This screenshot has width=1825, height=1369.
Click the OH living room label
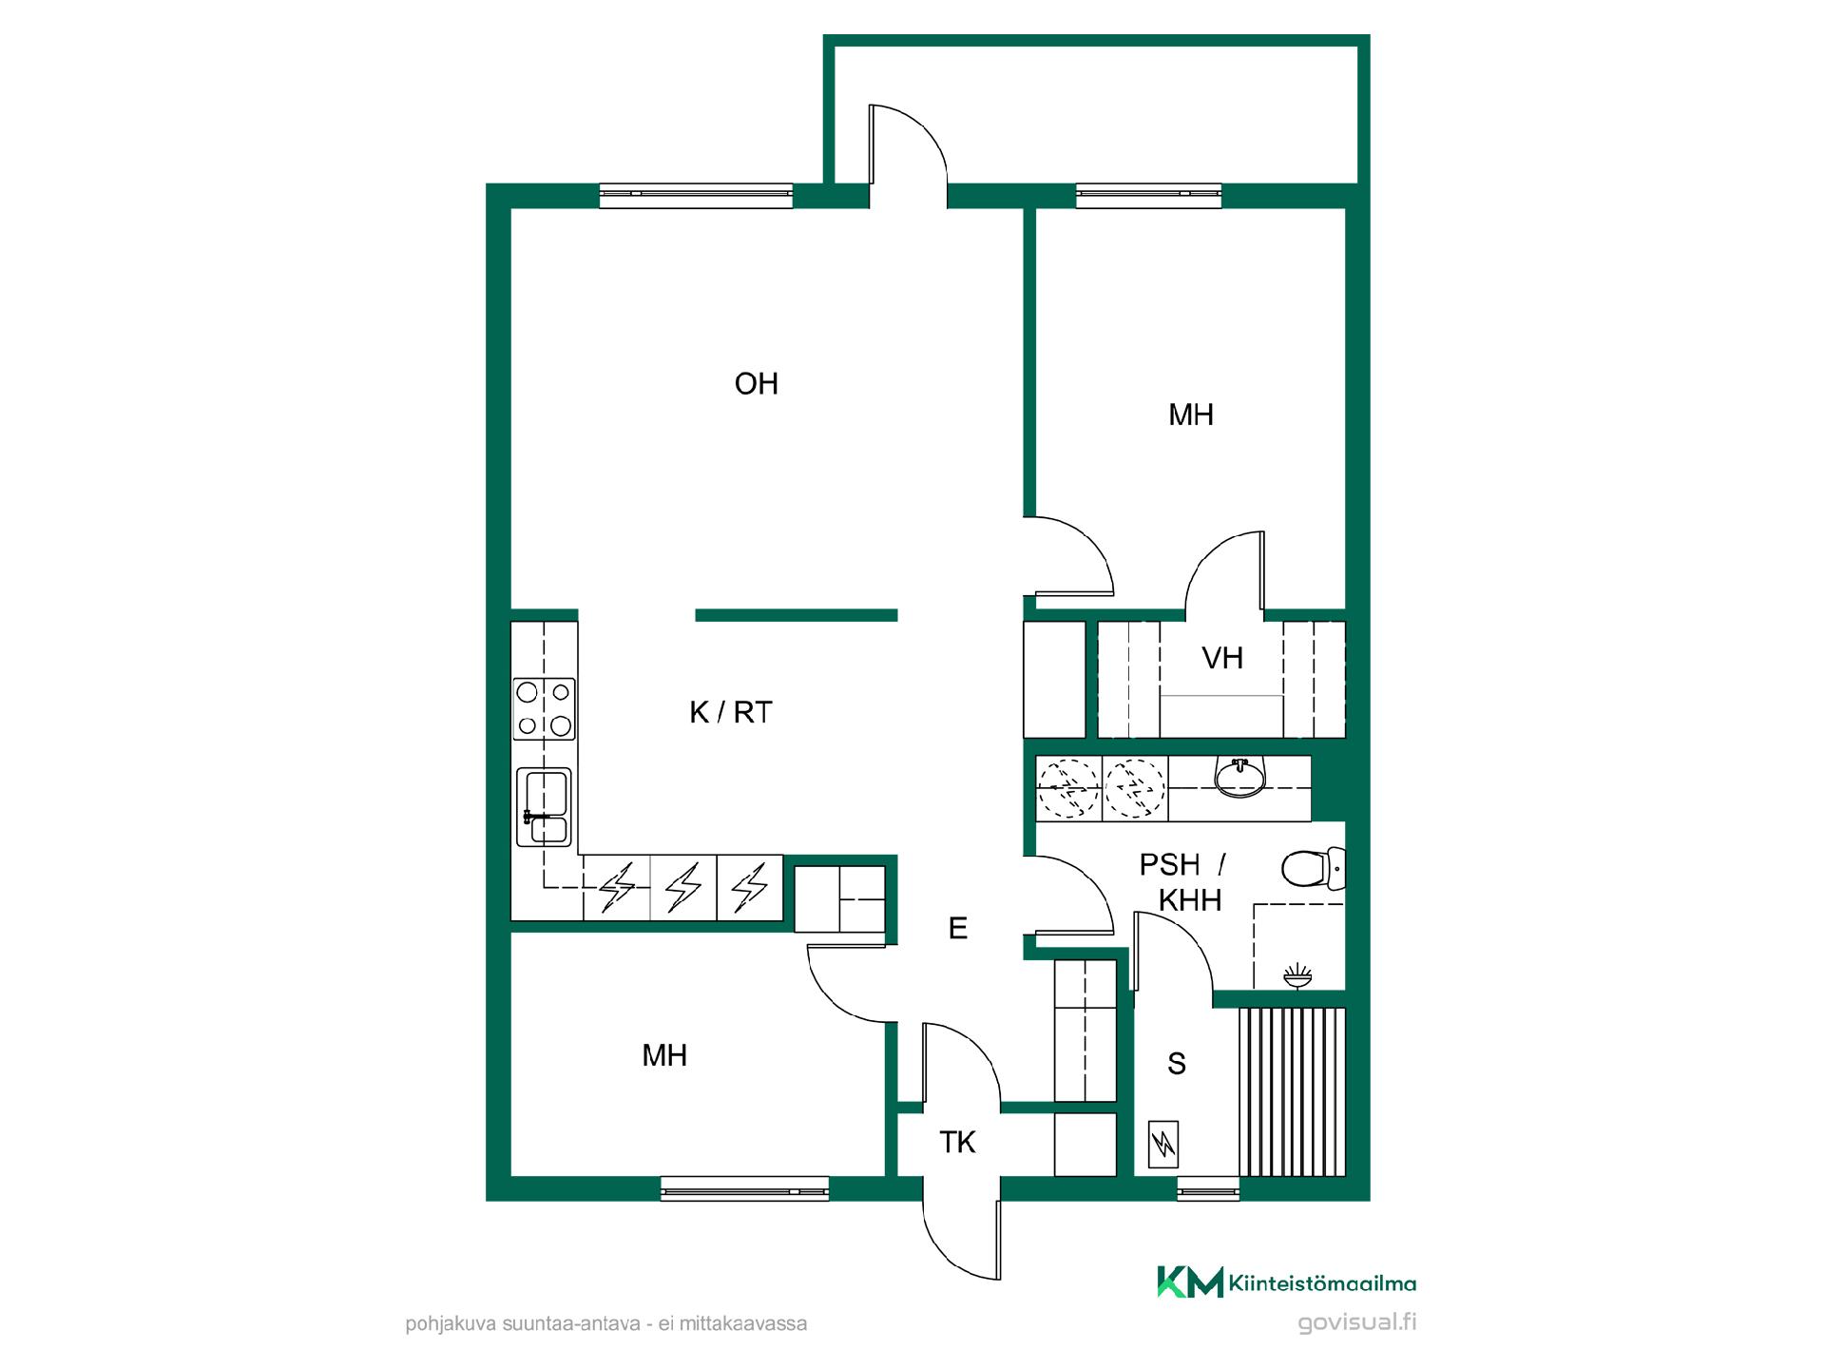pos(757,384)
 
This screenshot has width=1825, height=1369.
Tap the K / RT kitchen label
pos(731,712)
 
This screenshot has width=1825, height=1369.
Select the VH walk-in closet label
pos(1222,658)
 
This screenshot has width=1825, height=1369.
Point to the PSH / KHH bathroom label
pos(1183,882)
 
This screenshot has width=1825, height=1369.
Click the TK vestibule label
pos(957,1142)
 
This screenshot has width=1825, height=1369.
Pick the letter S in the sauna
pos(1177,1064)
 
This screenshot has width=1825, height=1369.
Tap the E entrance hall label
pos(958,928)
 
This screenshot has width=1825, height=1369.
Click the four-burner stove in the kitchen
pos(544,709)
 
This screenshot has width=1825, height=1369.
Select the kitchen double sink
pos(544,807)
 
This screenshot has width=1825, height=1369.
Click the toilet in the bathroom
pos(1313,868)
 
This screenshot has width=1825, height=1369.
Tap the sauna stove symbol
pos(1163,1145)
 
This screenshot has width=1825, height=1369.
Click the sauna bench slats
pos(1293,1092)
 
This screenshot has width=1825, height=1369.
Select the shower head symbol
pos(1297,976)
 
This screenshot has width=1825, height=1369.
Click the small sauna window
pos(1208,1189)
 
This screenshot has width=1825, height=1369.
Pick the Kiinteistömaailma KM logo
pos(1190,1282)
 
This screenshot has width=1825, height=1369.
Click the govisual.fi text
pos(1356,1322)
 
